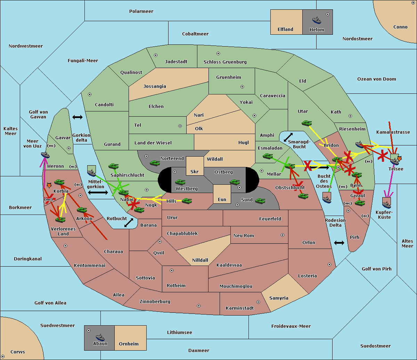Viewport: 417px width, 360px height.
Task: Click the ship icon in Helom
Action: coord(317,20)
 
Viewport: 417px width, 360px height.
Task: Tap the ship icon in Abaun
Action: coord(100,337)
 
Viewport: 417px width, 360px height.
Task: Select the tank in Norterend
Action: coord(155,163)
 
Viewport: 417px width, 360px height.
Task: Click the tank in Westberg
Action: coord(180,182)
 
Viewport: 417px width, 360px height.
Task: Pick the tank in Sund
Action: coord(260,201)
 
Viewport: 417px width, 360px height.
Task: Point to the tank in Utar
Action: coord(306,123)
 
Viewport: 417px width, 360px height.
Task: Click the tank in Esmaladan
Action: coord(268,156)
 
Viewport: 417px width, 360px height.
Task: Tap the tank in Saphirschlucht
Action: coord(113,166)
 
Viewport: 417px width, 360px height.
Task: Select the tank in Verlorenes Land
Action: coord(60,219)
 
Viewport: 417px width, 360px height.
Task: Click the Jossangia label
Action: coord(155,86)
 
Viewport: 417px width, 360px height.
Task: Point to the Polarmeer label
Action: coord(141,11)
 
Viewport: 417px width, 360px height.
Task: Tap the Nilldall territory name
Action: coord(200,260)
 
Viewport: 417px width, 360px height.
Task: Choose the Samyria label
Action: coord(279,298)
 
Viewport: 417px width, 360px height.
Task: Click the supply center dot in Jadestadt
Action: coord(156,55)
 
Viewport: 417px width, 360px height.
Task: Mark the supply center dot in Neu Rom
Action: coord(283,235)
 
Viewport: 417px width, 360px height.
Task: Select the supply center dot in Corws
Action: coord(3,357)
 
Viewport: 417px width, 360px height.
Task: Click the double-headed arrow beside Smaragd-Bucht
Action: coord(288,137)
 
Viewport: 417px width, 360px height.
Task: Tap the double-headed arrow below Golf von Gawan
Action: coord(77,117)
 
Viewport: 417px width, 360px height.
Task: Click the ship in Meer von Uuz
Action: coord(45,155)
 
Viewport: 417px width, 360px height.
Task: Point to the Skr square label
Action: coord(195,171)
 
